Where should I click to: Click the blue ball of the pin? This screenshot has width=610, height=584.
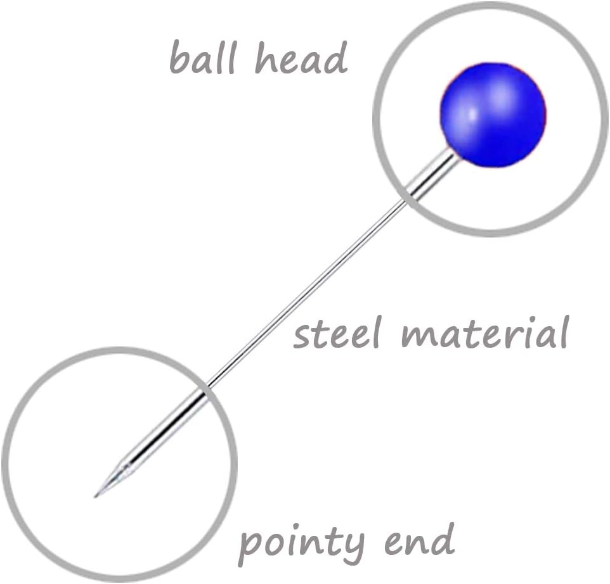pyautogui.click(x=493, y=115)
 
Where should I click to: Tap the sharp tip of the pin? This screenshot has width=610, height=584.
pyautogui.click(x=97, y=495)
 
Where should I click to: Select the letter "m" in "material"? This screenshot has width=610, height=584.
pyautogui.click(x=422, y=335)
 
